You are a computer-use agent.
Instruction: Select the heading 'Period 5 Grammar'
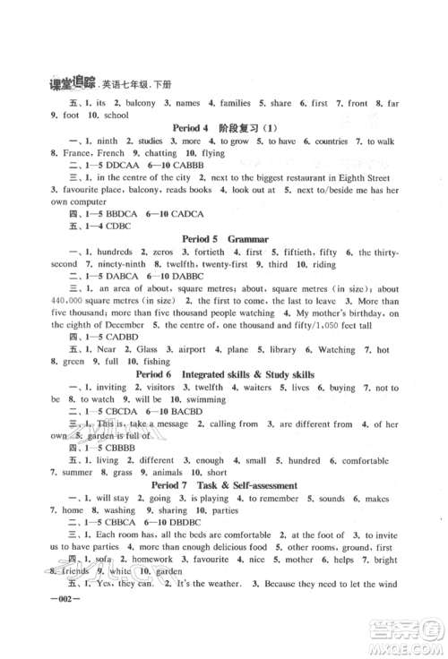tap(223, 241)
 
